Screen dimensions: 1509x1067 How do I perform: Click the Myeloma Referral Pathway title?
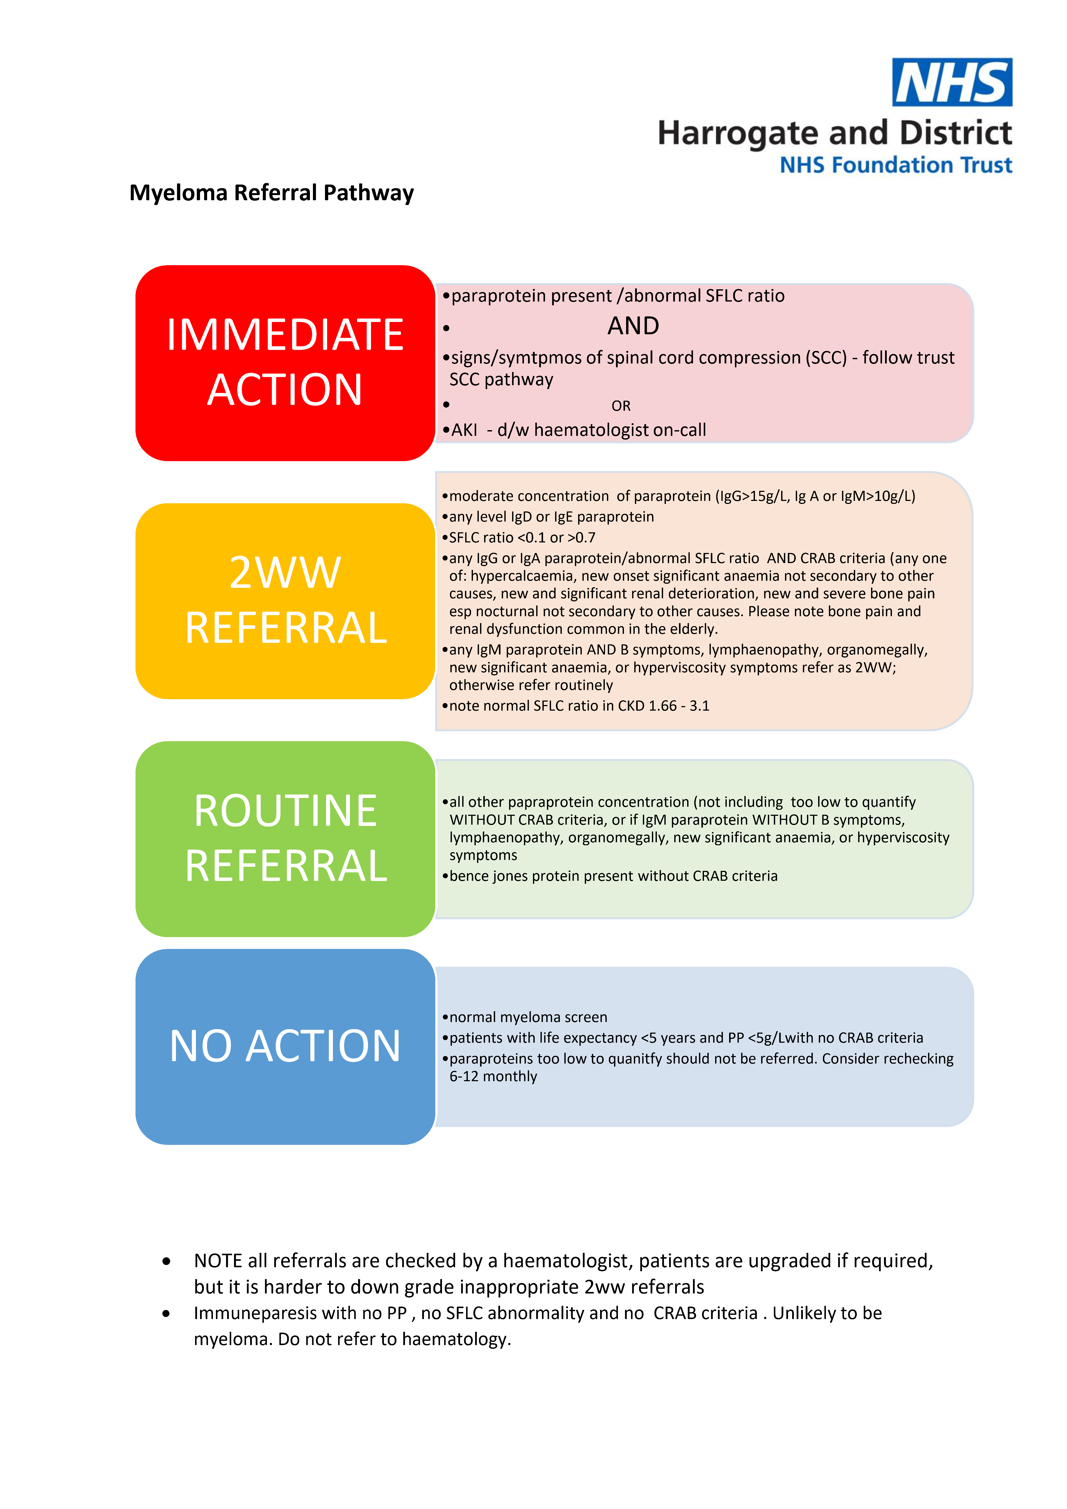[x=271, y=192]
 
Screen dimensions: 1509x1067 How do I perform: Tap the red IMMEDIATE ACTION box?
[x=285, y=363]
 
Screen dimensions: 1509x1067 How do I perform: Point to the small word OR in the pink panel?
[x=621, y=406]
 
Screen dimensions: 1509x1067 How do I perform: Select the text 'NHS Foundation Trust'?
[x=895, y=165]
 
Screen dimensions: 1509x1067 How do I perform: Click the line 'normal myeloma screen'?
[x=528, y=1017]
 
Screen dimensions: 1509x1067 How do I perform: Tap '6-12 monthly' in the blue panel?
[x=493, y=1076]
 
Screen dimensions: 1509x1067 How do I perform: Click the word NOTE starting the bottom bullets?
[x=218, y=1261]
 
